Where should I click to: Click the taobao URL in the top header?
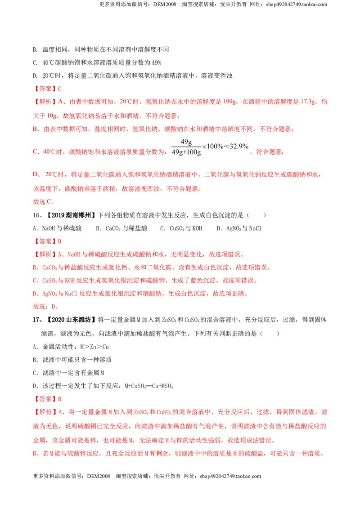(296, 4)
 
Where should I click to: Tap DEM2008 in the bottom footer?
(99, 476)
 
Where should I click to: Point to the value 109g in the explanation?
(229, 102)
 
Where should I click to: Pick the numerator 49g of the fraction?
(186, 142)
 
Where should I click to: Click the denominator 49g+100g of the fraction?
(186, 152)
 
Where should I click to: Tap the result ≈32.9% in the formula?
(236, 147)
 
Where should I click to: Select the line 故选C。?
(44, 201)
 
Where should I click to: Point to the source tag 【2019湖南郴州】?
(71, 215)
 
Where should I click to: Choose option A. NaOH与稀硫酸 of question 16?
(57, 228)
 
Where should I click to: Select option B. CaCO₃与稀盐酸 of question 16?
(122, 228)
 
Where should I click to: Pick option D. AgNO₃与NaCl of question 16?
(239, 228)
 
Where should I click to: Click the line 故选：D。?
(45, 307)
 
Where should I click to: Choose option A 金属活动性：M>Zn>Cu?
(71, 347)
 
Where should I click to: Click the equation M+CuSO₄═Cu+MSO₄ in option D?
(149, 386)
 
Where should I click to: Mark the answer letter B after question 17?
(60, 399)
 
